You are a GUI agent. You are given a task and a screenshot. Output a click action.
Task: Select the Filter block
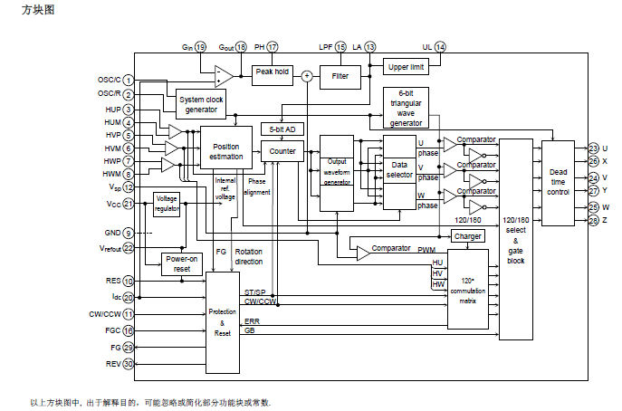pos(340,76)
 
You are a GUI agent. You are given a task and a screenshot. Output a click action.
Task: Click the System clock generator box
pos(201,104)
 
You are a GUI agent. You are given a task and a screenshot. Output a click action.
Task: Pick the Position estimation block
pos(226,150)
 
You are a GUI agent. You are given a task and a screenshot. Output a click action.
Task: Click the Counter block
pos(283,152)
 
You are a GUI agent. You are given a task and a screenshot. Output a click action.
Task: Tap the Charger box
pos(468,236)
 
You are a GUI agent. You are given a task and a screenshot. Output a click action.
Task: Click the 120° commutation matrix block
pos(468,288)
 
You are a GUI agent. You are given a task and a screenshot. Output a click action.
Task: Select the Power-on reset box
pos(181,263)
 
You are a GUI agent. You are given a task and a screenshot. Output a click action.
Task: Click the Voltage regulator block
pos(167,204)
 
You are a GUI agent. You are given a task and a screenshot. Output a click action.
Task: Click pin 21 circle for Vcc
pos(129,205)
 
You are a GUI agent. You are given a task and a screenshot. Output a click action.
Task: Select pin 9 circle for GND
pos(129,234)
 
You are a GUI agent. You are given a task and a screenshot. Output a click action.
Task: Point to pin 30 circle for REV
pos(129,365)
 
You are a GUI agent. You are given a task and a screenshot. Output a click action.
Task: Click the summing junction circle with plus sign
pos(306,76)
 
